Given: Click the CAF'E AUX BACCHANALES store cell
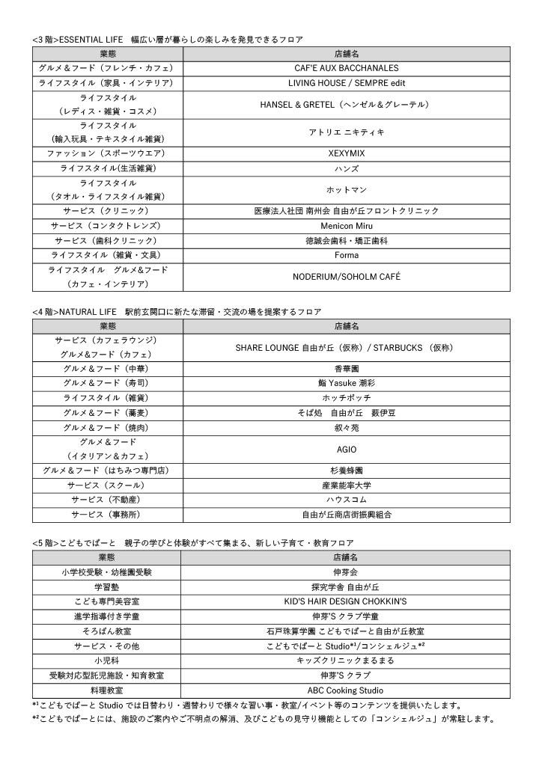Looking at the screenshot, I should (346, 68).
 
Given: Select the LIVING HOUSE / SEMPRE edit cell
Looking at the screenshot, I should (346, 83).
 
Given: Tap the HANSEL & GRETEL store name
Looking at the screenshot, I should (346, 104).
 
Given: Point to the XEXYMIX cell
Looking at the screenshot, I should (346, 153).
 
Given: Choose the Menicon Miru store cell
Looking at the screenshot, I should (346, 226).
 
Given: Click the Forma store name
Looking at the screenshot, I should (346, 255).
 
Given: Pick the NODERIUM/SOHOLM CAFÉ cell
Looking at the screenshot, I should (346, 277).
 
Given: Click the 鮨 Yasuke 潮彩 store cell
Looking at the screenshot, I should (346, 383).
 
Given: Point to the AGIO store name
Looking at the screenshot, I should (346, 449).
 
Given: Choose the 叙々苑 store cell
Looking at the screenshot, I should (346, 428).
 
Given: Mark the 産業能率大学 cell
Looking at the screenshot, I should (346, 485).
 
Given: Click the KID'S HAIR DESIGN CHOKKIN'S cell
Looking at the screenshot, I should (346, 601).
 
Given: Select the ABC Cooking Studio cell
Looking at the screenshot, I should (346, 690).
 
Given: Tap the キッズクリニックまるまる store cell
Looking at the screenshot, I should (346, 661).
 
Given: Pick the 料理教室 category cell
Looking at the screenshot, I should (106, 690).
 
